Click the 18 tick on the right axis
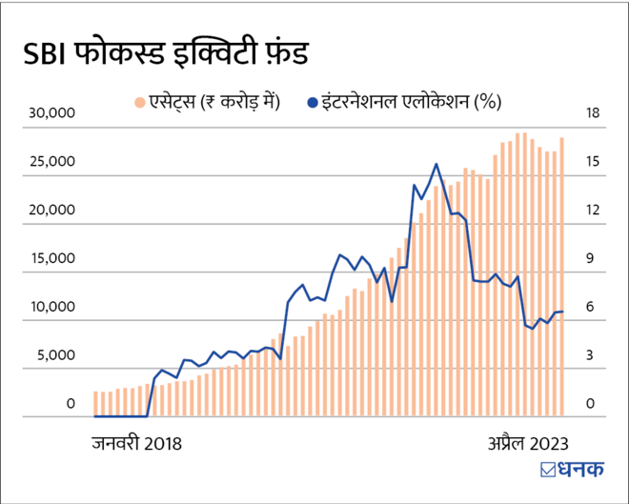(x=593, y=113)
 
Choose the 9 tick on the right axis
(x=591, y=259)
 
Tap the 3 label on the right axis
(x=591, y=356)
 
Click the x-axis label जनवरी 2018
(x=136, y=443)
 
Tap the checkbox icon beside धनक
(x=548, y=469)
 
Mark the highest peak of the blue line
(x=436, y=165)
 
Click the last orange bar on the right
(x=561, y=276)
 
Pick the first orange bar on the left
(x=96, y=404)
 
